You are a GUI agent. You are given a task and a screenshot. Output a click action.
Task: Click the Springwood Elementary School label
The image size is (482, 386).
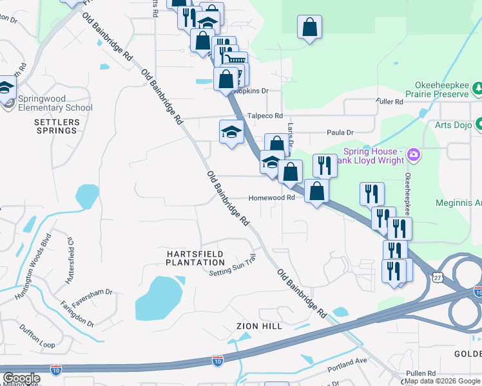click(x=55, y=103)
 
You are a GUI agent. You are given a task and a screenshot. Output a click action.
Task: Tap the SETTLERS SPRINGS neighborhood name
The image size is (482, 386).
click(x=57, y=126)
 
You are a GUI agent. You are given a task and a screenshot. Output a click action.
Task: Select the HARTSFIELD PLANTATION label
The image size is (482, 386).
click(x=195, y=258)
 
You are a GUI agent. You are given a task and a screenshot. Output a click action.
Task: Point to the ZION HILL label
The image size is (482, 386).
click(x=259, y=327)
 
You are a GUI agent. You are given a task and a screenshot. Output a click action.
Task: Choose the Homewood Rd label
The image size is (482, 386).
click(x=271, y=198)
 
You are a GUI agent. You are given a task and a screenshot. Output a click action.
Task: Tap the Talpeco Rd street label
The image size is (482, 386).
click(x=265, y=116)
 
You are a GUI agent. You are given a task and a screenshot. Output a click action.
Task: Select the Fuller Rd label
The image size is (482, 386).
click(x=390, y=102)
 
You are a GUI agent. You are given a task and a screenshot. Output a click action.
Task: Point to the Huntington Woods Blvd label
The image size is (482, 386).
click(x=32, y=268)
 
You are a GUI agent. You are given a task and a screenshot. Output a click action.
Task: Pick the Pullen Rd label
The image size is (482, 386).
click(x=421, y=374)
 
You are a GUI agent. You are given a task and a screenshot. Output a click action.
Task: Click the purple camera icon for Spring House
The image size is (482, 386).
click(x=414, y=155)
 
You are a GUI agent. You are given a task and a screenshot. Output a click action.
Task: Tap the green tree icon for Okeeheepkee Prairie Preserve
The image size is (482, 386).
click(x=477, y=87)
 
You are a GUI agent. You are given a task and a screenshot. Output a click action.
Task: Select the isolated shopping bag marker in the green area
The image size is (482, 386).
click(x=309, y=28)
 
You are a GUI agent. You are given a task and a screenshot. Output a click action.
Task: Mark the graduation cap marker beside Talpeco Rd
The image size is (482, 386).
click(x=231, y=133)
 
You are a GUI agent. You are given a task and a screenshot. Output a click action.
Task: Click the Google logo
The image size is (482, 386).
click(x=21, y=379)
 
